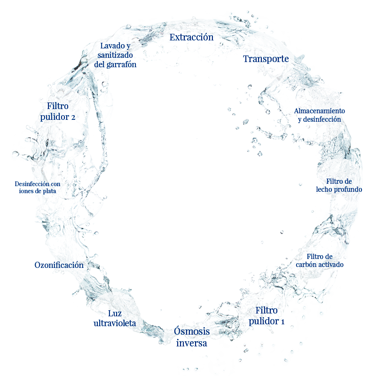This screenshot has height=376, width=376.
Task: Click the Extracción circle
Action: coord(191,37)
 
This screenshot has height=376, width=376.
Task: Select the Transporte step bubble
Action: coord(266,59)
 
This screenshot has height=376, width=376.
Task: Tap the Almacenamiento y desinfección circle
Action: coord(320,115)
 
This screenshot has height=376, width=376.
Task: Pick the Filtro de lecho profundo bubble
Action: coord(339,185)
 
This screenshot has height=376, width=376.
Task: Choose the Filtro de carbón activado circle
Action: coord(320,260)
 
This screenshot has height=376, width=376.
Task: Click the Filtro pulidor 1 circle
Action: coord(266,316)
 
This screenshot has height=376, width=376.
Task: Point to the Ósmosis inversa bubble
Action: coord(191,337)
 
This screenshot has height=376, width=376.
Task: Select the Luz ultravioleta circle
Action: coord(115,318)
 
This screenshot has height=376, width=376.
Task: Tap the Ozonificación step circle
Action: coord(59,265)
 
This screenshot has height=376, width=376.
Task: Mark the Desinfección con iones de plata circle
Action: coord(37,188)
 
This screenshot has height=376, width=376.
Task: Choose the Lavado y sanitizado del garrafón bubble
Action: coord(115,55)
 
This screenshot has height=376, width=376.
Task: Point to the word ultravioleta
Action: coord(115,323)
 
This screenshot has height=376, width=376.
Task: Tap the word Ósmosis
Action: coord(191,331)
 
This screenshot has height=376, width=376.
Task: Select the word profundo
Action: coord(348,189)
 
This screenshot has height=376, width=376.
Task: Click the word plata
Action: coord(52,192)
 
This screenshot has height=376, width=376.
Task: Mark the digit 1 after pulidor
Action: coord(282,322)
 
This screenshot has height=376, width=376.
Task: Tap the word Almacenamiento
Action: coord(320,111)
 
